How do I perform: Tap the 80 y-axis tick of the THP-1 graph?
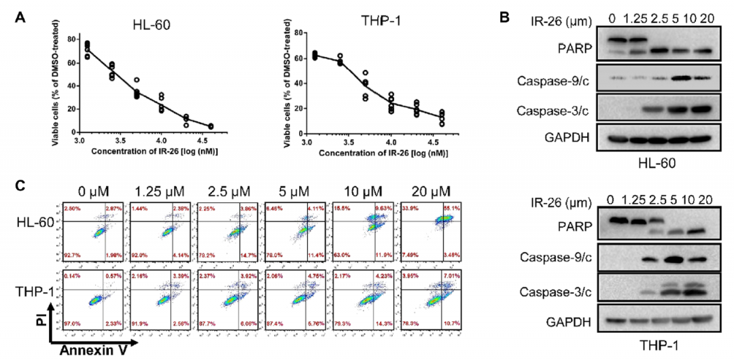coord(290,33)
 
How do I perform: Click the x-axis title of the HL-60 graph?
coord(158,150)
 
